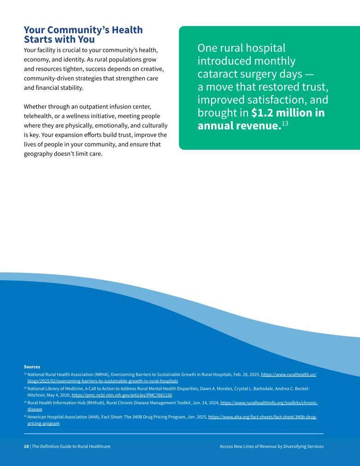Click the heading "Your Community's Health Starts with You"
coord(83,35)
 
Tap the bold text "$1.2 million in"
coord(288,113)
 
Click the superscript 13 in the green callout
coord(285,124)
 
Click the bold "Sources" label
coord(32,367)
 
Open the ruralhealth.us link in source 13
coord(288,375)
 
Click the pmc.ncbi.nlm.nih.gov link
coord(122,395)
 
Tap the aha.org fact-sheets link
coord(262,417)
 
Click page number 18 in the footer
coord(26,447)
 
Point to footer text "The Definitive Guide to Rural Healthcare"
coord(71,447)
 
